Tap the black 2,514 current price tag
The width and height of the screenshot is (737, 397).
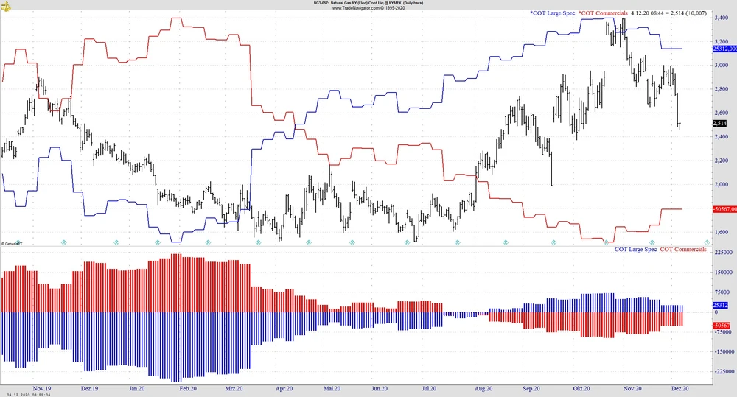tap(720, 123)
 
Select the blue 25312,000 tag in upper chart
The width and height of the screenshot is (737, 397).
tap(724, 49)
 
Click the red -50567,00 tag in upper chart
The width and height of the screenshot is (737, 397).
tap(724, 209)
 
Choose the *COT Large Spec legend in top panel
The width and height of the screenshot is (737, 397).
tap(552, 13)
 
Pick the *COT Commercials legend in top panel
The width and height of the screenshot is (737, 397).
tap(603, 13)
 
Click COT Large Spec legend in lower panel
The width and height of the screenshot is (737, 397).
tap(635, 250)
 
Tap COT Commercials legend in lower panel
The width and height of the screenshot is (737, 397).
tap(682, 250)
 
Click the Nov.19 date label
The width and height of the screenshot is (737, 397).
tap(42, 387)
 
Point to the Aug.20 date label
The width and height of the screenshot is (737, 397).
tap(483, 387)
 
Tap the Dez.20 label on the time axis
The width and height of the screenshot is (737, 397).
tap(680, 387)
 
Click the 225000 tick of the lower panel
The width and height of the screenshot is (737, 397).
tap(723, 252)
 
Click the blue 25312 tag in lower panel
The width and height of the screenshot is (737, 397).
tap(721, 305)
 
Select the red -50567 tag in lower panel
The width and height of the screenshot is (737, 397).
tap(722, 325)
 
